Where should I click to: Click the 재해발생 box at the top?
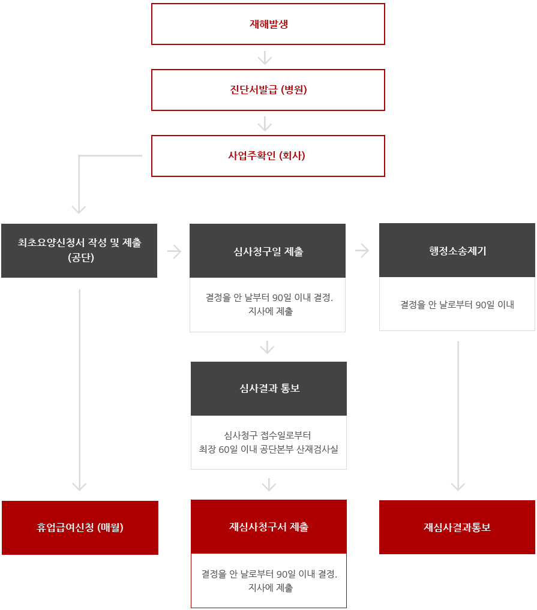(268, 24)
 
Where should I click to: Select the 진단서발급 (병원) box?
(268, 90)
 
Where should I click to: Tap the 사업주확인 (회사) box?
(268, 156)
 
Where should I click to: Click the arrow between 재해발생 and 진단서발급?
(265, 58)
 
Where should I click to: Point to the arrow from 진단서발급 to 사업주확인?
(265, 124)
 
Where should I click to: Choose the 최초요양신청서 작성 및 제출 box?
(79, 251)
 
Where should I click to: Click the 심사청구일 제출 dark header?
(268, 251)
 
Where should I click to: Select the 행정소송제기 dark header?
(457, 250)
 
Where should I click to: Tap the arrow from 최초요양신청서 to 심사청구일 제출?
(175, 252)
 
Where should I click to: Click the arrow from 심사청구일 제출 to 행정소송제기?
(362, 251)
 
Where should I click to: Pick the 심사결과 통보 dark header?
(269, 389)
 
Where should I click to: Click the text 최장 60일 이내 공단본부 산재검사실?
(269, 449)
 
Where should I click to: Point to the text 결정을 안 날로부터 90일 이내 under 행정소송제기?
(457, 305)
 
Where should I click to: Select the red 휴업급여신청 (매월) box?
(80, 527)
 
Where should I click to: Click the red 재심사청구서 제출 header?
(269, 527)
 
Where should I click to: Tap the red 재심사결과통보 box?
(457, 527)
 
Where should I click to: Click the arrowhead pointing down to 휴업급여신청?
(79, 486)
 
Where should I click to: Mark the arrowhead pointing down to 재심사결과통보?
(458, 486)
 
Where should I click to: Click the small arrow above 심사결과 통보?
(268, 347)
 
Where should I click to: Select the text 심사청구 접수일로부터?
(268, 435)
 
